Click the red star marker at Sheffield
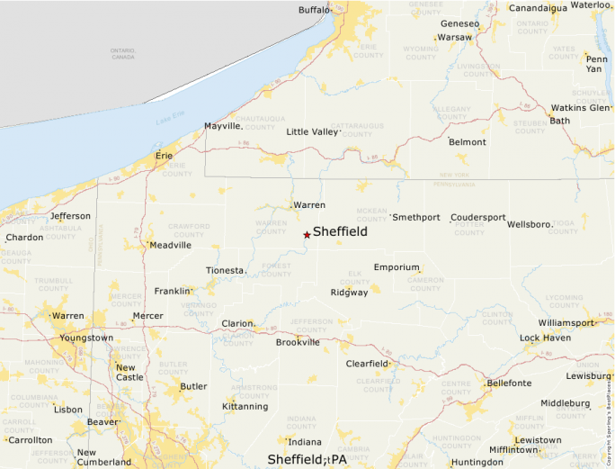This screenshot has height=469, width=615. point(307,234)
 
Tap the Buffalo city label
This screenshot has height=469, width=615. point(315,10)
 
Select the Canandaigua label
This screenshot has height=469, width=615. point(539,8)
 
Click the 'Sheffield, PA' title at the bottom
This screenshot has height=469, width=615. point(307,459)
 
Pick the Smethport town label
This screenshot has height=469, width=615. point(416,218)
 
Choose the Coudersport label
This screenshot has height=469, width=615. point(478,218)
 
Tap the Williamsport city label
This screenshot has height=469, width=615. point(566,322)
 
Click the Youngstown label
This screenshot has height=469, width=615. point(86,338)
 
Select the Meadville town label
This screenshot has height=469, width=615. point(171,245)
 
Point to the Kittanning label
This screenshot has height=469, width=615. point(245,406)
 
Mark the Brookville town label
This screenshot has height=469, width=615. point(298,342)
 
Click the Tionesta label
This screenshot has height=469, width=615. point(225,270)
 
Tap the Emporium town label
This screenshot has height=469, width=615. point(397,267)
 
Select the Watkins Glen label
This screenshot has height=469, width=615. point(580,108)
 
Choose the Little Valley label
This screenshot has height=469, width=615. point(313,131)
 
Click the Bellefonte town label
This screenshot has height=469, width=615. point(509,383)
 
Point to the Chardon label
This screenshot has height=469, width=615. point(24,238)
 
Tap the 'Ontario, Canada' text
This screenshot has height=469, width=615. point(122,53)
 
